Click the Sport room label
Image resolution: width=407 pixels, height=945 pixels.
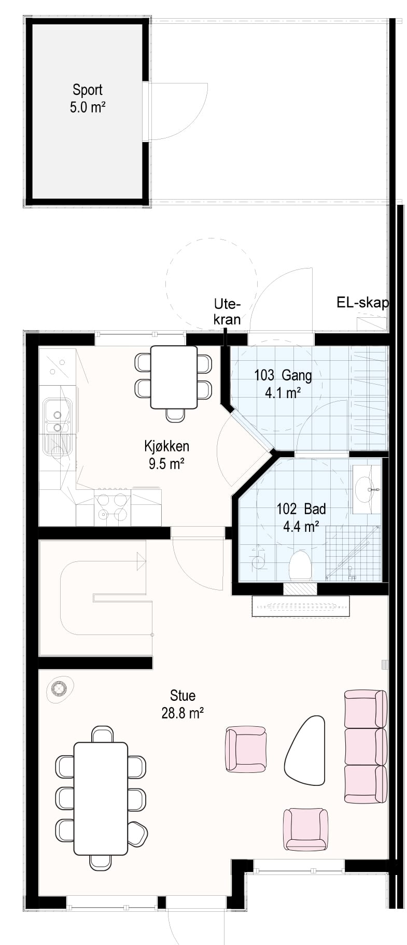click(x=88, y=90)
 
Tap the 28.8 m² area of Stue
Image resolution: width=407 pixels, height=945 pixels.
click(x=182, y=713)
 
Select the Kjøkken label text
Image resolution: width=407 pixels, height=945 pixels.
click(x=166, y=446)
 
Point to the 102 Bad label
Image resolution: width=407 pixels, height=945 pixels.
click(x=301, y=509)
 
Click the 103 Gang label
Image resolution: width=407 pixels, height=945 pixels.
click(x=283, y=375)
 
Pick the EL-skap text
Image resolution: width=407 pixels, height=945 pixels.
click(x=362, y=303)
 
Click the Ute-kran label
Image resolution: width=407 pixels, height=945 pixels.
click(x=228, y=312)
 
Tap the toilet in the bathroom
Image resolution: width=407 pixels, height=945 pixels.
click(x=300, y=566)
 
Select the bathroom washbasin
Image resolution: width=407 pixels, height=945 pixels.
click(x=367, y=489)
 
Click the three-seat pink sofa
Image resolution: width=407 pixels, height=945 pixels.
click(x=366, y=747)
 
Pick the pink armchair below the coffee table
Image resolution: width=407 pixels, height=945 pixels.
click(x=306, y=829)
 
